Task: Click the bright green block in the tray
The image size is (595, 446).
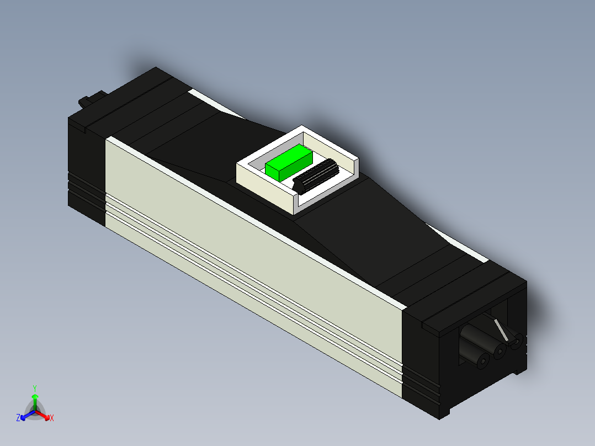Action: [x=288, y=162]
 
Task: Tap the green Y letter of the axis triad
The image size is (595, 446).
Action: [x=34, y=388]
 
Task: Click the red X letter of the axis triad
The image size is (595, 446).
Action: [x=52, y=418]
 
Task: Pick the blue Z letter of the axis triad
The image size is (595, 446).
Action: [x=18, y=418]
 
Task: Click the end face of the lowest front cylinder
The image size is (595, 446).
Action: [x=482, y=362]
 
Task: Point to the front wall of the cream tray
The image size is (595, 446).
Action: [x=265, y=188]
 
